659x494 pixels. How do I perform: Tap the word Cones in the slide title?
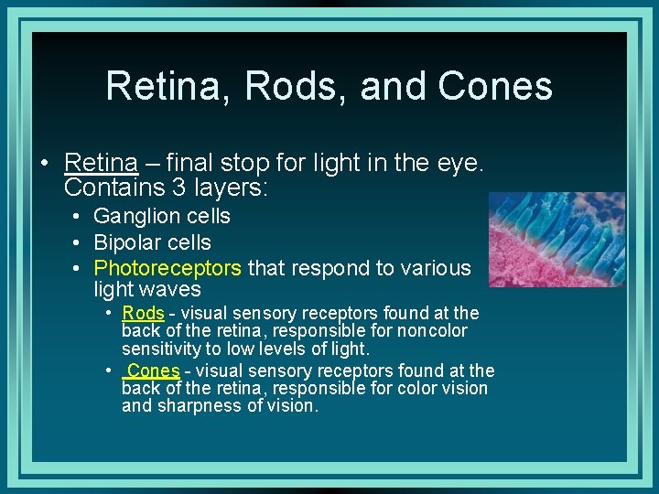click(x=495, y=86)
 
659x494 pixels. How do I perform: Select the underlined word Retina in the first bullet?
click(x=101, y=163)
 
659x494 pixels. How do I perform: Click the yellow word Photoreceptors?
click(x=167, y=268)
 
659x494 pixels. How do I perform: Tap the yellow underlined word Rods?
click(x=143, y=313)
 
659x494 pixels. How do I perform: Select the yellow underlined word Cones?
click(x=155, y=370)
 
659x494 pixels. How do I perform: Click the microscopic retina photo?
click(x=556, y=240)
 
